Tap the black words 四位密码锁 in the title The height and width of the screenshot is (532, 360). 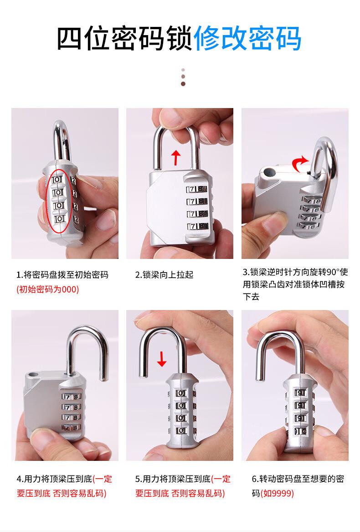pyautogui.click(x=125, y=38)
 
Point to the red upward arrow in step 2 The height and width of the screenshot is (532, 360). pyautogui.click(x=176, y=158)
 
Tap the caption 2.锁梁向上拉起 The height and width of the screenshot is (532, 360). pyautogui.click(x=164, y=274)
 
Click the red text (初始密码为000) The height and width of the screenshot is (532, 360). pyautogui.click(x=47, y=289)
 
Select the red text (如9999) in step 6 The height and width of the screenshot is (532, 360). pyautogui.click(x=277, y=493)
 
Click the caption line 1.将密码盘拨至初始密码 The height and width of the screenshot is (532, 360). pyautogui.click(x=62, y=274)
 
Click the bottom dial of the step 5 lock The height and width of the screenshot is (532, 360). pyautogui.click(x=181, y=430)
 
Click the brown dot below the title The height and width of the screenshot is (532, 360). pyautogui.click(x=183, y=84)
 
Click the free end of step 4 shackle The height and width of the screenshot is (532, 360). pyautogui.click(x=103, y=378)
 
